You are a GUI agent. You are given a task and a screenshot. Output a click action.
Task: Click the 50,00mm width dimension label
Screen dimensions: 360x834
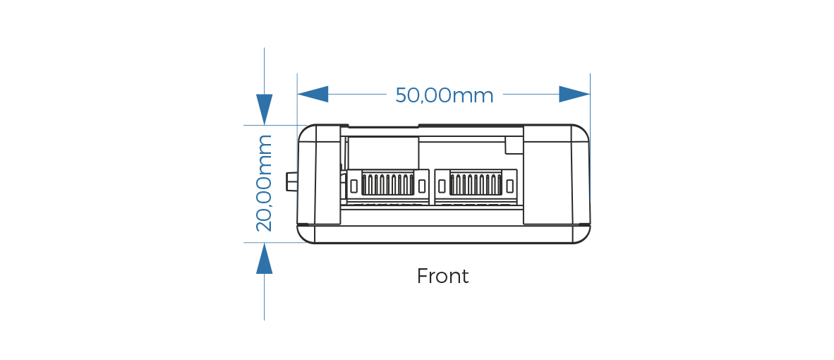(x=444, y=95)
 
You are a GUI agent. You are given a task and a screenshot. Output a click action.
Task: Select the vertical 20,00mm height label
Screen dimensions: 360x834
(x=264, y=184)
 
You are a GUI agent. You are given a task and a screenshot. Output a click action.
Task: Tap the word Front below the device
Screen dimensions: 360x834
(x=442, y=276)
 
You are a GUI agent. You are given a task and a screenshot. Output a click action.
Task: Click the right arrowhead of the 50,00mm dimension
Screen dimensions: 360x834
(x=574, y=94)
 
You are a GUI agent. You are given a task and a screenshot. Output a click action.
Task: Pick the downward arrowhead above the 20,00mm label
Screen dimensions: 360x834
(x=265, y=109)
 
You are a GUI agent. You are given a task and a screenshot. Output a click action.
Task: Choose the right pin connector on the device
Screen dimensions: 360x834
(x=476, y=185)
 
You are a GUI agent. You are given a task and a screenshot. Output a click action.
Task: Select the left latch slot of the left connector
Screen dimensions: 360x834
(x=353, y=186)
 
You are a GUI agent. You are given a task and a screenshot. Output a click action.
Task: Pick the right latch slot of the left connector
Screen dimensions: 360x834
(x=422, y=186)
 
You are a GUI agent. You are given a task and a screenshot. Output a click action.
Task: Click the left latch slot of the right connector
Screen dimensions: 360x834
(x=442, y=186)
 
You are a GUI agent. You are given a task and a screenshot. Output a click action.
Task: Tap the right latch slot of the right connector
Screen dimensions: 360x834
(x=509, y=186)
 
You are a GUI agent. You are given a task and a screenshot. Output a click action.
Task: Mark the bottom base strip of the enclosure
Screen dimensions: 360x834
(x=443, y=234)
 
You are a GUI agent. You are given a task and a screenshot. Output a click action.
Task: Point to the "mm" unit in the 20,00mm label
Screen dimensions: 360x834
(x=265, y=150)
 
